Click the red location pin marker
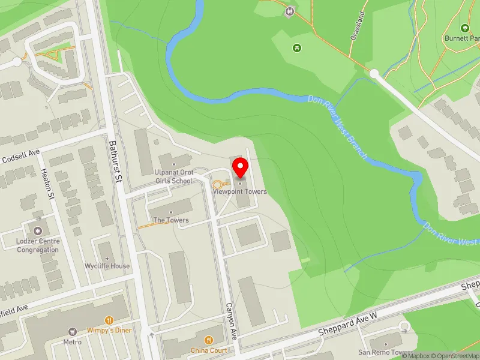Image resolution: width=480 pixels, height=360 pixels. (x=240, y=167)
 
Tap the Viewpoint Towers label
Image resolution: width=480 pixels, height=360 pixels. (x=240, y=191)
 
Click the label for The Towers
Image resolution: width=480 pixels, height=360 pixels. (x=171, y=220)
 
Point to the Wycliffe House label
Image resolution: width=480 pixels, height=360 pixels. (x=107, y=266)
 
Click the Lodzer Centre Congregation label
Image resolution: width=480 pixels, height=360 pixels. (x=38, y=245)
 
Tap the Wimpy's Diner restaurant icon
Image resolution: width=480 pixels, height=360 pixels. (x=109, y=320)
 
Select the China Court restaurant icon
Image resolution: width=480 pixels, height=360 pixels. (x=209, y=340)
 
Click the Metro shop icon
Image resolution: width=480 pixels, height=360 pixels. (x=73, y=331)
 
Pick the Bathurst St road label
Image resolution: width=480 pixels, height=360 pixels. (x=115, y=161)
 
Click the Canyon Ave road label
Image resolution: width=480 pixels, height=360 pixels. (x=232, y=322)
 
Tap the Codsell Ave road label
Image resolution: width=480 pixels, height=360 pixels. (x=20, y=158)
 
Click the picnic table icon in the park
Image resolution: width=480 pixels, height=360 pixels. (x=296, y=47)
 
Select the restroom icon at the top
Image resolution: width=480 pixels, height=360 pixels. (x=290, y=10)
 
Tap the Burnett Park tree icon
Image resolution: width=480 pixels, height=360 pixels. (x=464, y=28)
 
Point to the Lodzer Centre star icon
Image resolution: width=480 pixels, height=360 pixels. (x=38, y=230)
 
